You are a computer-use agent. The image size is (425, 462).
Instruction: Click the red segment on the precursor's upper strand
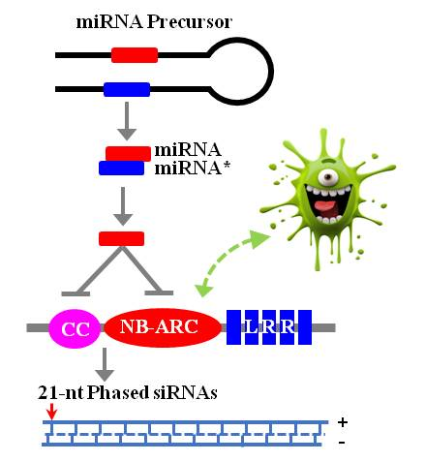pyautogui.click(x=135, y=55)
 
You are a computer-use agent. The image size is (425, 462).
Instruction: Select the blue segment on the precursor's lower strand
pyautogui.click(x=127, y=90)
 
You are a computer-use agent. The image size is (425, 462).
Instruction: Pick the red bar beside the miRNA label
pyautogui.click(x=128, y=152)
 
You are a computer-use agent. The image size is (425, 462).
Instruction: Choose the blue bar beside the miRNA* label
pyautogui.click(x=121, y=169)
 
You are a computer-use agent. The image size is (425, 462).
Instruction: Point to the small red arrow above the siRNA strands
pyautogui.click(x=50, y=413)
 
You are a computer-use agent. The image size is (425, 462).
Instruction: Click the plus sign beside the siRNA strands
pyautogui.click(x=343, y=423)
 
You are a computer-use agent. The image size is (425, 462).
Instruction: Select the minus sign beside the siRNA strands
pyautogui.click(x=343, y=443)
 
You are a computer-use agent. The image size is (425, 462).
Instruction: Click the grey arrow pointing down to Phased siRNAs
pyautogui.click(x=103, y=366)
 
